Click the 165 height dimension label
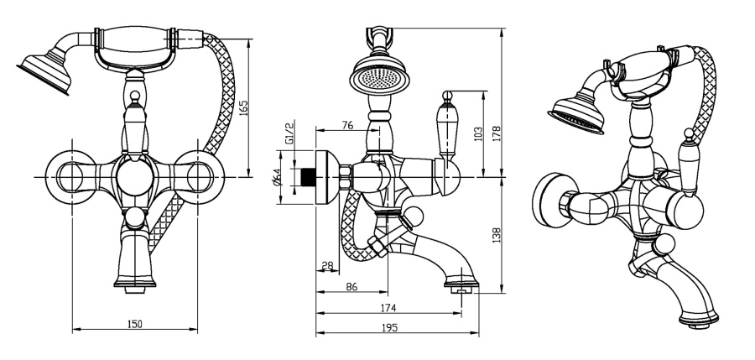click(243, 109)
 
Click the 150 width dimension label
click(134, 323)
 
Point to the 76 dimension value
click(346, 125)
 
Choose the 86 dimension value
click(351, 288)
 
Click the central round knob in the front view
click(133, 177)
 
